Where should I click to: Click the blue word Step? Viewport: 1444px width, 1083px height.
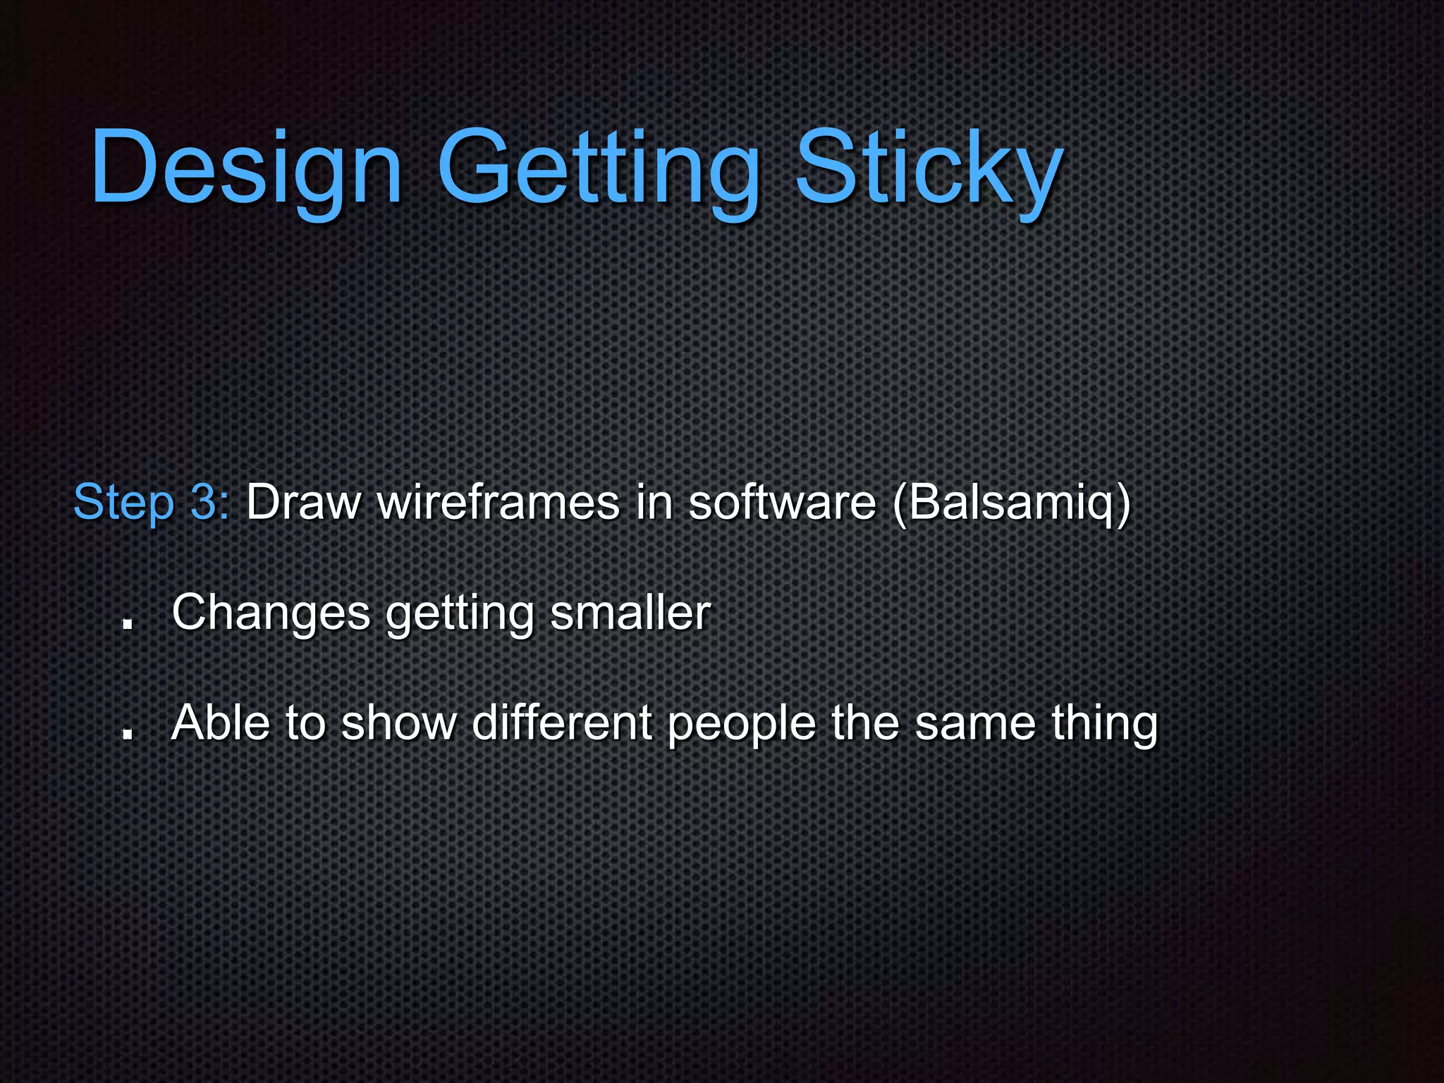[123, 503]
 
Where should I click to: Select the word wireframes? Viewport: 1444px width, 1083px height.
[498, 503]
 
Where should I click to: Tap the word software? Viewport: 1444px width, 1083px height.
[782, 503]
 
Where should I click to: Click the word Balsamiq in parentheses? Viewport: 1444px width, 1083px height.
[1011, 503]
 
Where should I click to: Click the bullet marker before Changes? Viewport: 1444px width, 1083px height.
[128, 623]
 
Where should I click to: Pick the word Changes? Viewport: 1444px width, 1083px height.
[271, 613]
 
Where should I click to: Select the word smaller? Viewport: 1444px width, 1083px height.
[630, 613]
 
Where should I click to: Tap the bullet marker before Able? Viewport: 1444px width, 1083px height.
[128, 733]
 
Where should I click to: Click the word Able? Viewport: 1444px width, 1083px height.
[221, 723]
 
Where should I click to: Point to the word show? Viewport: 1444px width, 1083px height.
[399, 723]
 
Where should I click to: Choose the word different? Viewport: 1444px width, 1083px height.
[561, 723]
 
